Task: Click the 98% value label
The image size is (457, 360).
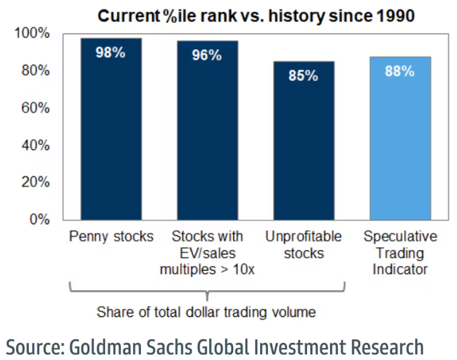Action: pyautogui.click(x=111, y=54)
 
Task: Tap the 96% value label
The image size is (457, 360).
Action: pyautogui.click(x=207, y=55)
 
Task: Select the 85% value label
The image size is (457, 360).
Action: pyautogui.click(x=304, y=75)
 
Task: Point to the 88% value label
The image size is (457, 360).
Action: pyautogui.click(x=400, y=72)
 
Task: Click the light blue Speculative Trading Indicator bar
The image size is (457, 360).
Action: pyautogui.click(x=400, y=145)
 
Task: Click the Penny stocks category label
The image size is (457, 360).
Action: pyautogui.click(x=111, y=236)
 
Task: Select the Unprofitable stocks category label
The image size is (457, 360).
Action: pyautogui.click(x=304, y=245)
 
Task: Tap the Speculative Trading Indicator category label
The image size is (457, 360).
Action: pyautogui.click(x=400, y=253)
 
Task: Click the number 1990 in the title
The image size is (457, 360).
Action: pyautogui.click(x=392, y=16)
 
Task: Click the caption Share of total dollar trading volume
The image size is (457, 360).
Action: pyautogui.click(x=206, y=311)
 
